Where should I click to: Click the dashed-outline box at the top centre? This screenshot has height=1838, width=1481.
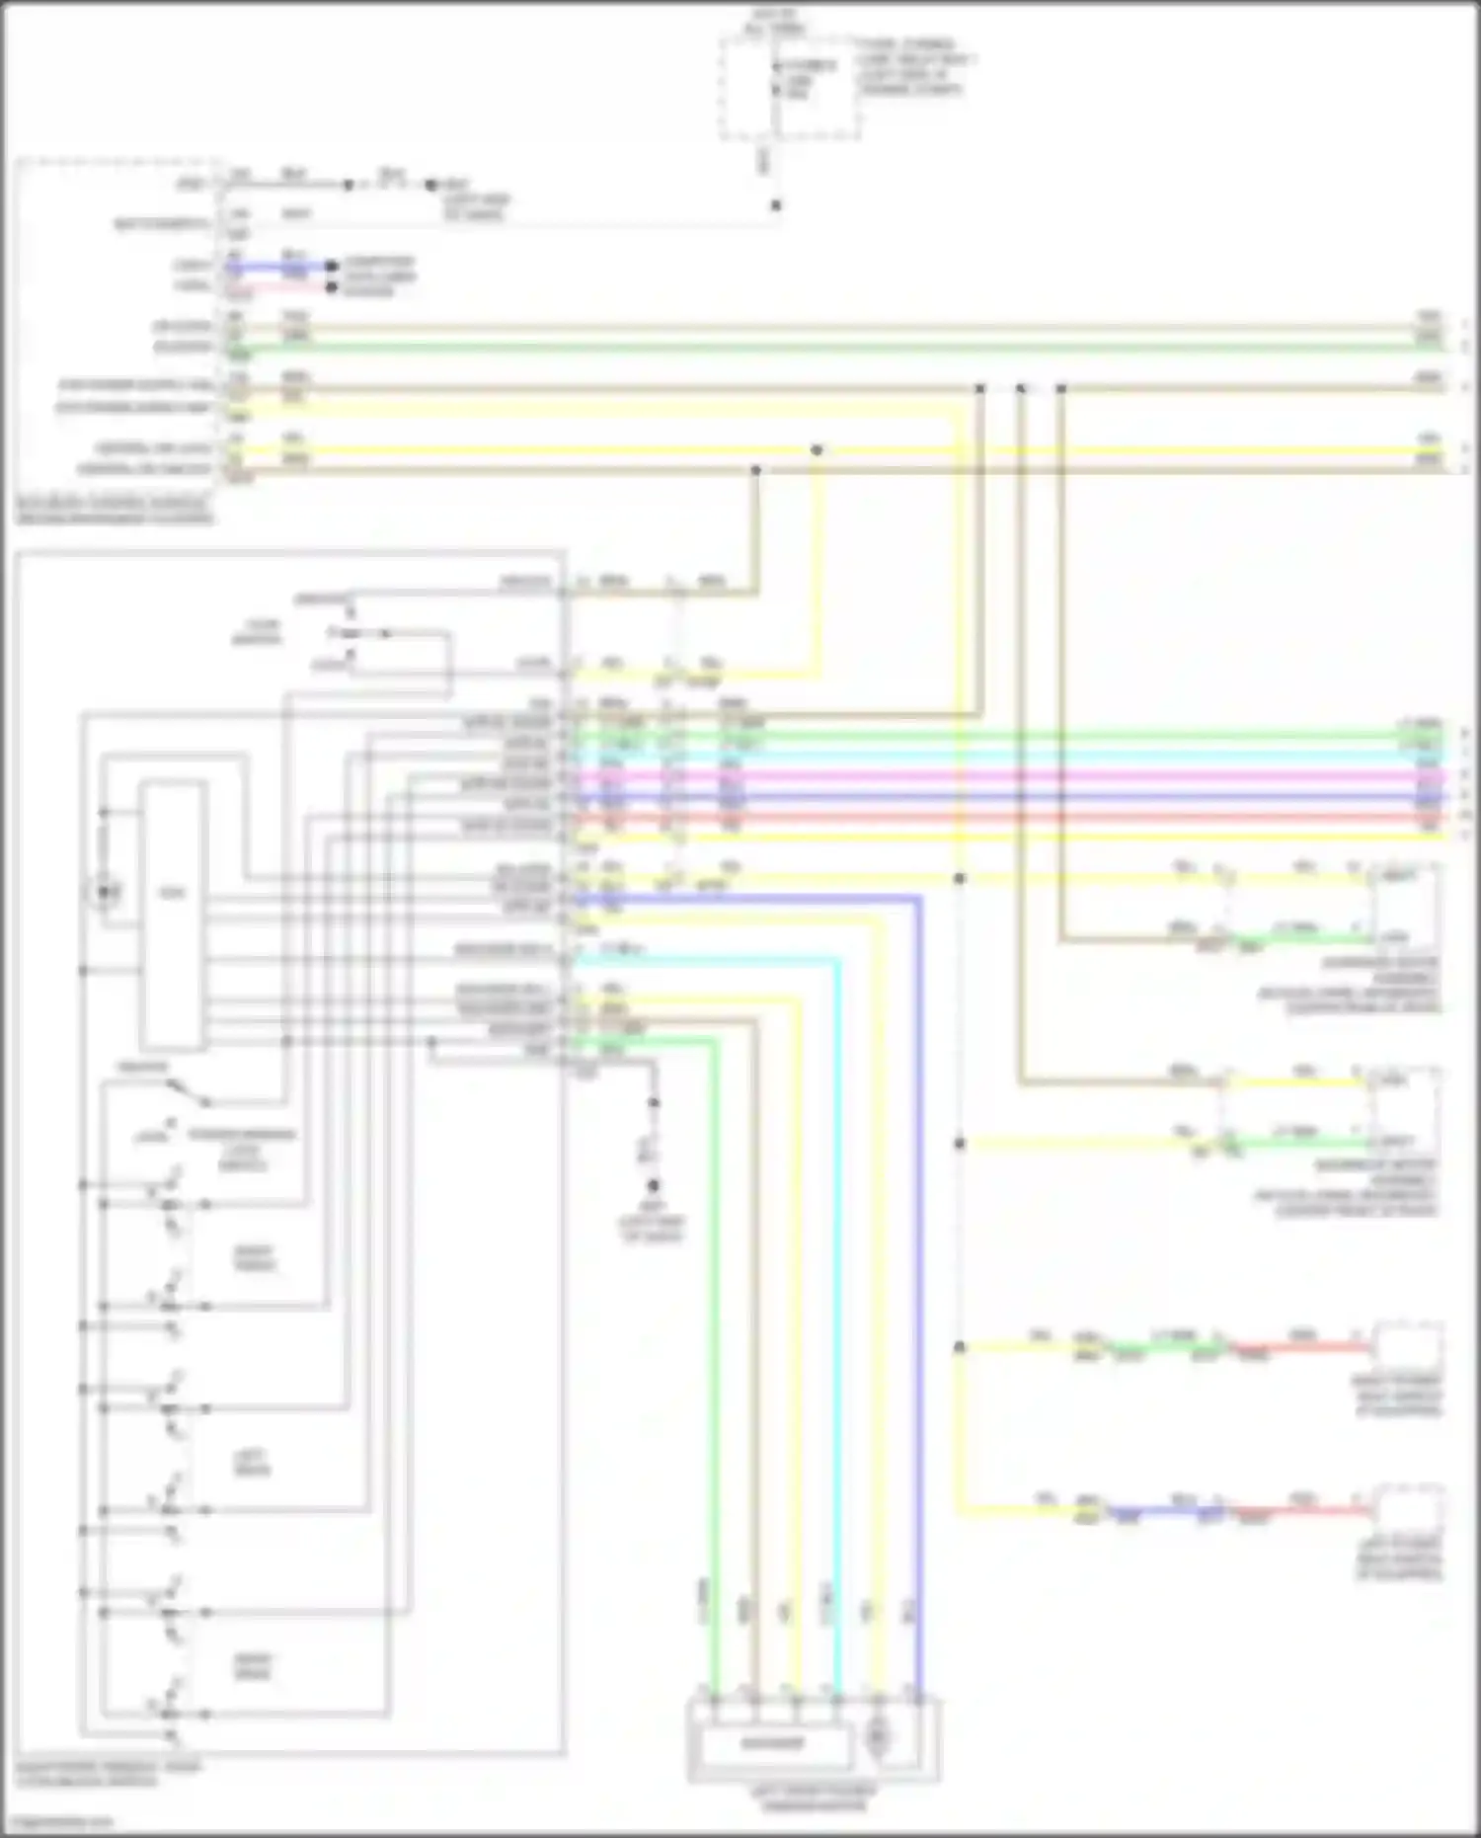point(790,89)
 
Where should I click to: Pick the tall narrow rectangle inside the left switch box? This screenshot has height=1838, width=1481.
point(173,914)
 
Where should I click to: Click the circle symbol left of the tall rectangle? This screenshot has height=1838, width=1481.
point(104,893)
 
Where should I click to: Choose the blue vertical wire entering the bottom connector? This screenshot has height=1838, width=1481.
point(918,1284)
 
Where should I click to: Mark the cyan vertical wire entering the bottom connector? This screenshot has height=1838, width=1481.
point(837,1284)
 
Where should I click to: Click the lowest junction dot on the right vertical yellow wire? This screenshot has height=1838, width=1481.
point(959,1347)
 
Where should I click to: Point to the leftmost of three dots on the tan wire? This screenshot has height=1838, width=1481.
point(979,389)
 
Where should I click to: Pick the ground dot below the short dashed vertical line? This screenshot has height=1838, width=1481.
point(654,1185)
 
